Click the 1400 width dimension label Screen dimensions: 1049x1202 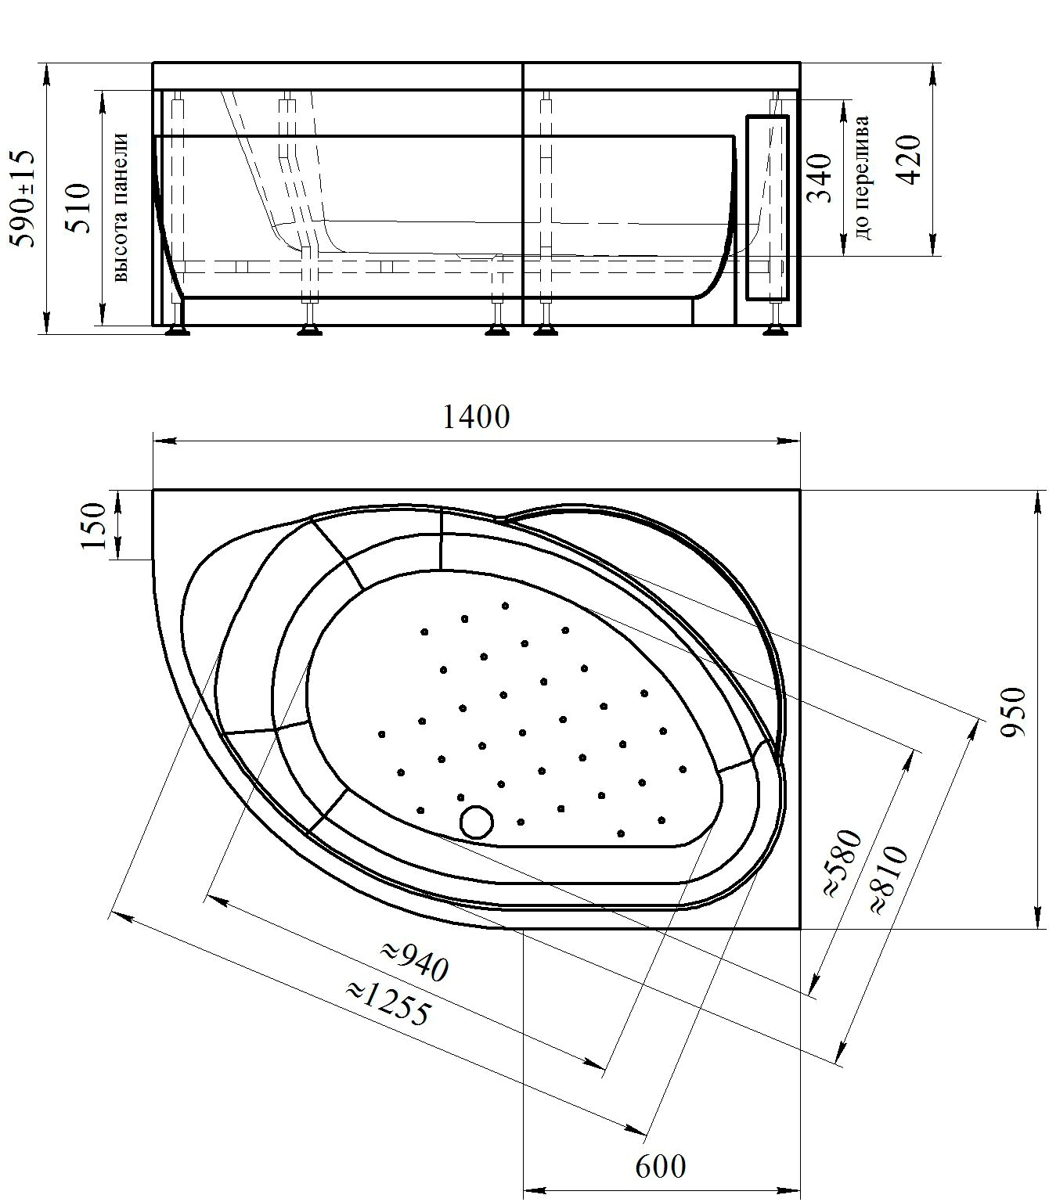tap(475, 418)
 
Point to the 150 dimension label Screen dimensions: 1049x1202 tap(93, 526)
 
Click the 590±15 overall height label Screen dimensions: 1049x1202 tap(23, 198)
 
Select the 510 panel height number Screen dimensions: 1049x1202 tap(79, 208)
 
